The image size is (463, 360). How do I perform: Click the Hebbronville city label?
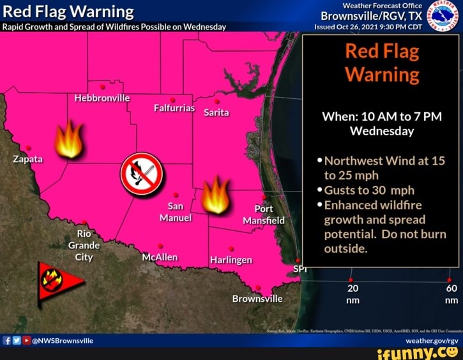coord(102,98)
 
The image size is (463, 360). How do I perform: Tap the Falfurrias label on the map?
coord(174,108)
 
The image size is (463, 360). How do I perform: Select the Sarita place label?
coord(216,113)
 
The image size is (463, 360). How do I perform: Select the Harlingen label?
coord(231,260)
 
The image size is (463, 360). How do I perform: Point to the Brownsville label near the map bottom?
coord(257,299)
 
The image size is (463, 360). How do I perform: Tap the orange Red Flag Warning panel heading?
coord(381,63)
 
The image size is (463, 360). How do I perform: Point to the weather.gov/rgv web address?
coord(432,341)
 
